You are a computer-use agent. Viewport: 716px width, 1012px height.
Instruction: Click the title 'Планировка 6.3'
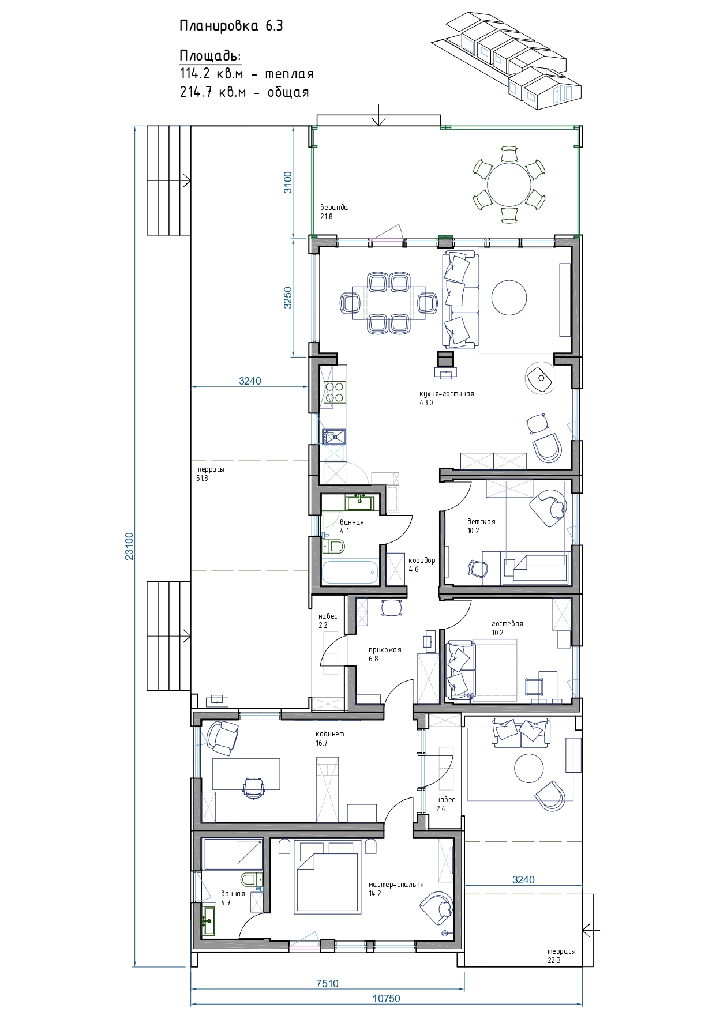(x=231, y=26)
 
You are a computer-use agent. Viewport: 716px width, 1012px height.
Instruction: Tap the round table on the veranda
(x=509, y=185)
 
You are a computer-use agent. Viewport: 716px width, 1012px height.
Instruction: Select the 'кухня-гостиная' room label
(x=447, y=394)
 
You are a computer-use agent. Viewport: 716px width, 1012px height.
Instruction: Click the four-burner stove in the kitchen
(x=335, y=392)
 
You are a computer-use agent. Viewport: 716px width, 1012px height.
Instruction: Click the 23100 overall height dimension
(x=129, y=545)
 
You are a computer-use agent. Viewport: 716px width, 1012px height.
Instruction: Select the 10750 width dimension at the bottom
(x=386, y=998)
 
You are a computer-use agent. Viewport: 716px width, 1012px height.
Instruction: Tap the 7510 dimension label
(x=327, y=984)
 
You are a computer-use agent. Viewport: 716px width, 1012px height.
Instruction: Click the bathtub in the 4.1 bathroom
(x=350, y=572)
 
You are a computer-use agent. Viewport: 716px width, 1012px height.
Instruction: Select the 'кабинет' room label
(x=329, y=734)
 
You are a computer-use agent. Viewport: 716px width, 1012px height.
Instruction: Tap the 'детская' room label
(x=481, y=522)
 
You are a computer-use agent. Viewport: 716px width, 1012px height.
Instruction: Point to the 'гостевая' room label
(x=507, y=623)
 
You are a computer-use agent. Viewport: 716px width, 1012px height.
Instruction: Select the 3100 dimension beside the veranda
(x=288, y=182)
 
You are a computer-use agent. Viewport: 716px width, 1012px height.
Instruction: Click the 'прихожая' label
(x=385, y=650)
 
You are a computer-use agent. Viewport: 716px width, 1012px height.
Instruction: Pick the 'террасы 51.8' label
(x=210, y=473)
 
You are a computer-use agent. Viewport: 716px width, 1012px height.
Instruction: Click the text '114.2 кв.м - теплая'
(x=247, y=74)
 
